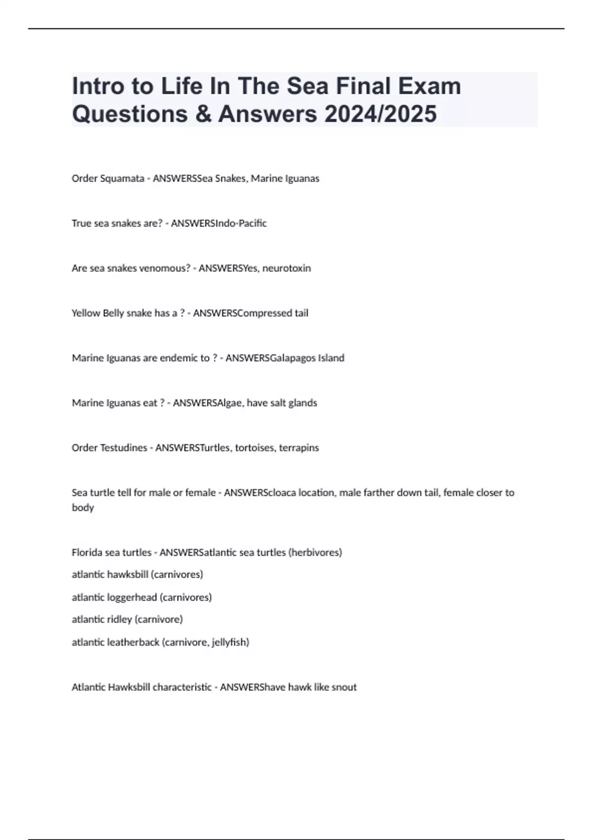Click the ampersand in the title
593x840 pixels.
[x=203, y=114]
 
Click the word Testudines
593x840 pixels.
[x=124, y=448]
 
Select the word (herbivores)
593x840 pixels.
[x=315, y=552]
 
